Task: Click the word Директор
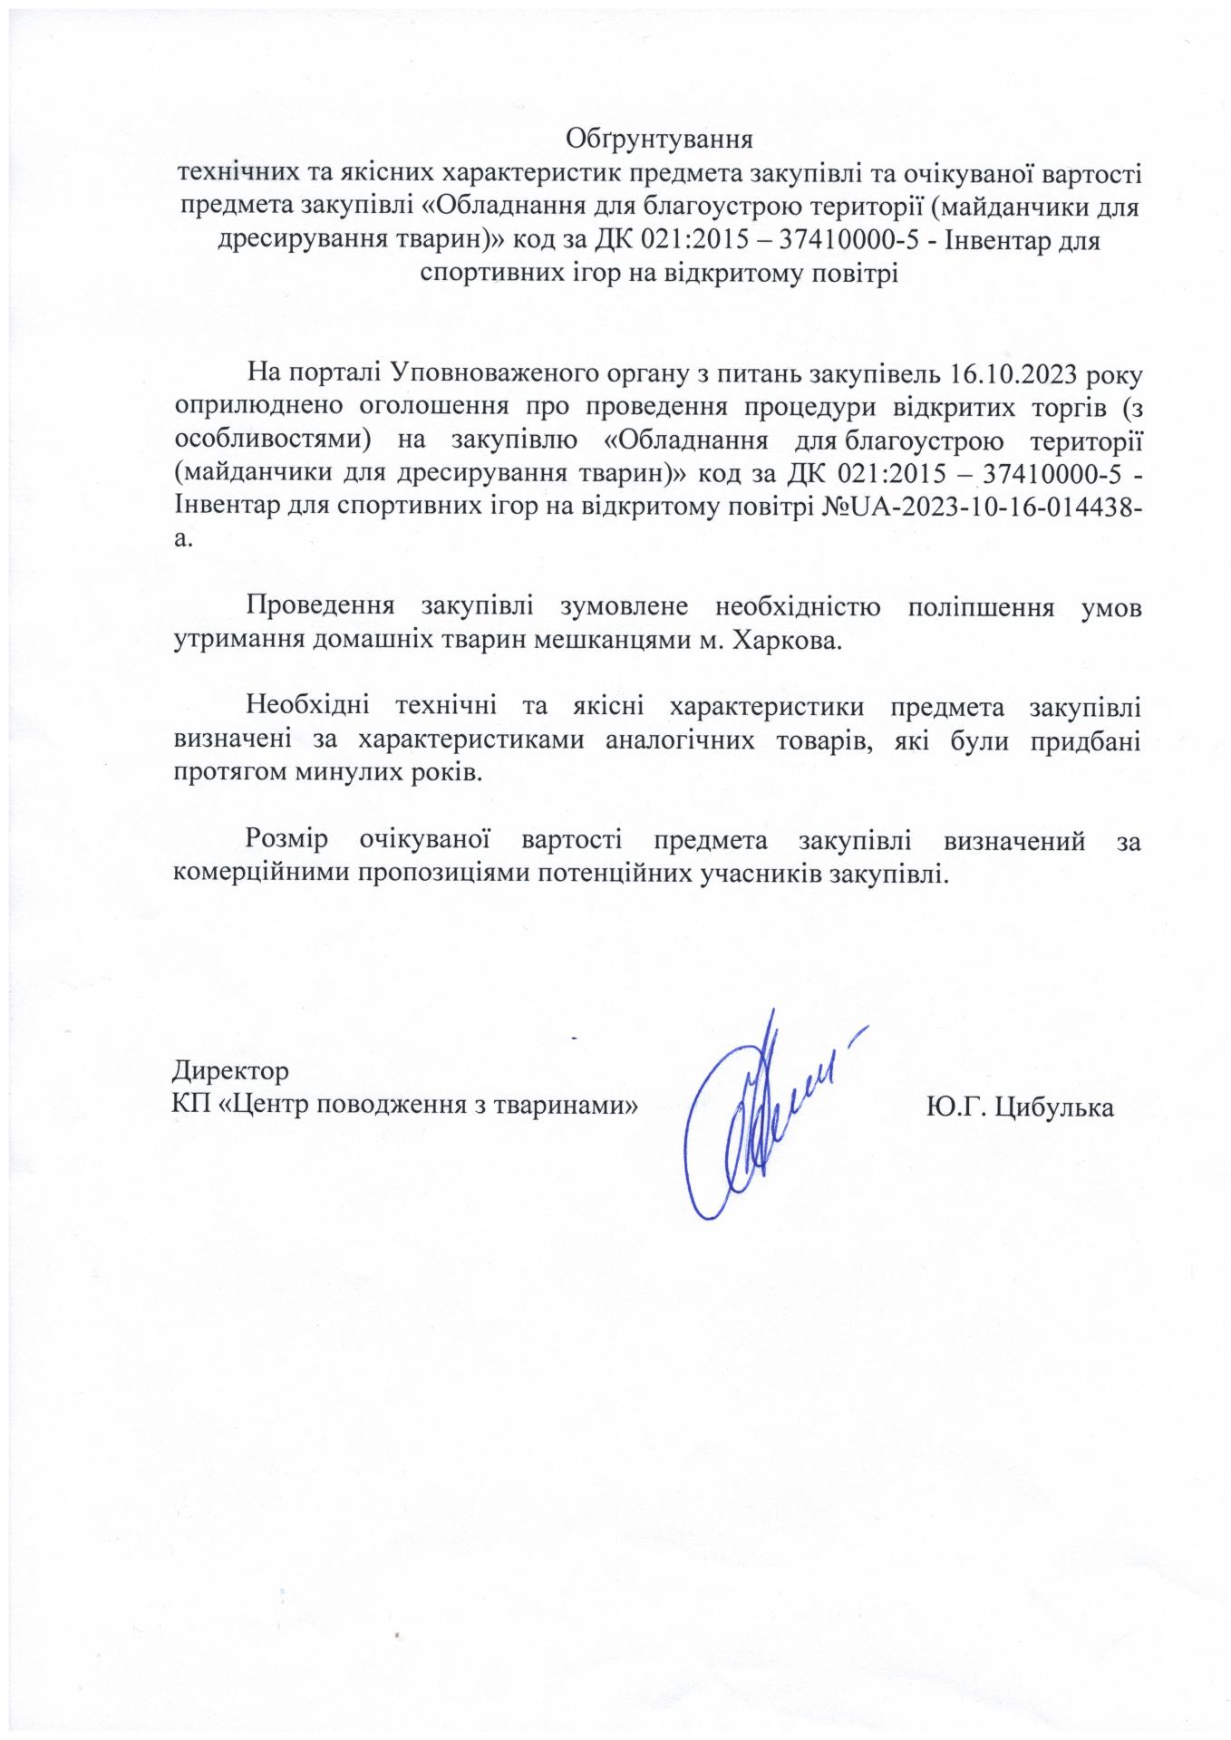230,1070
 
